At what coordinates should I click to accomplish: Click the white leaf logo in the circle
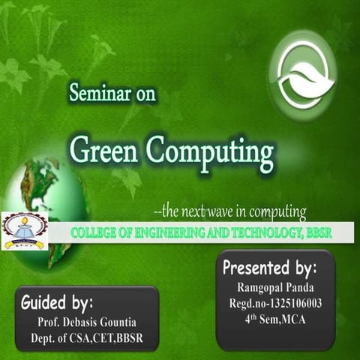303,75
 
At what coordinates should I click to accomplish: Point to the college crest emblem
24,231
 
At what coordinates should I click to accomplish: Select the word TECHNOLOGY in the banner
261,233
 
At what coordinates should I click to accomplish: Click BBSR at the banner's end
317,233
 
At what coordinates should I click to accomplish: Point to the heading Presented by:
270,268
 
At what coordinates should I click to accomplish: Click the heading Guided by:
57,303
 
